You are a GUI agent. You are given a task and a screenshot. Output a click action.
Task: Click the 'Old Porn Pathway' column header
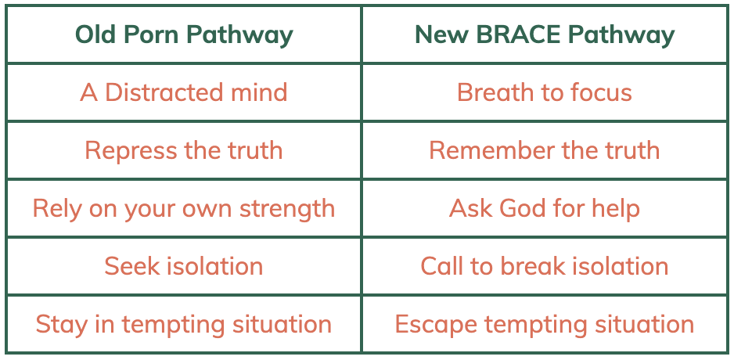click(x=184, y=34)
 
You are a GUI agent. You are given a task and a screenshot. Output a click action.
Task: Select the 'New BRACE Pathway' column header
click(x=545, y=34)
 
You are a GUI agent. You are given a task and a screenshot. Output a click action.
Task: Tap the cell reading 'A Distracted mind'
click(x=183, y=92)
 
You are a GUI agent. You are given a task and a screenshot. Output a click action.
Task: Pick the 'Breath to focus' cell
click(x=545, y=92)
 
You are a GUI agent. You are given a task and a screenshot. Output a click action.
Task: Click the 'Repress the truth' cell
click(x=183, y=150)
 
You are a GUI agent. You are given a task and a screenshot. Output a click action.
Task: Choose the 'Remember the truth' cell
click(x=545, y=150)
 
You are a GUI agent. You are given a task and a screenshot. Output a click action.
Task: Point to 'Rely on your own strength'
click(x=183, y=209)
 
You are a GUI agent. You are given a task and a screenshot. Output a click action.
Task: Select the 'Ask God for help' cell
click(x=545, y=208)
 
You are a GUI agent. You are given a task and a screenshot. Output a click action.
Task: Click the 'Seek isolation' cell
click(x=183, y=266)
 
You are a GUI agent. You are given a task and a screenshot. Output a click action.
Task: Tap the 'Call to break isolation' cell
click(x=545, y=266)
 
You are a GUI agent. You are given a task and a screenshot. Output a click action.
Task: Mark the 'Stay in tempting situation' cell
click(x=183, y=325)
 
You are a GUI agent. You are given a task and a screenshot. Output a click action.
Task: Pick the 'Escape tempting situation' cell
click(x=545, y=325)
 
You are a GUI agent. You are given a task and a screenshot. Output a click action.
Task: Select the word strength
click(x=287, y=209)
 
